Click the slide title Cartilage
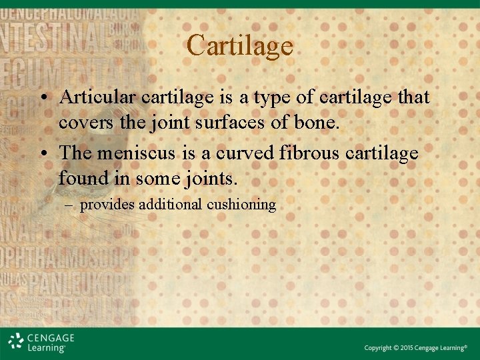click(x=240, y=45)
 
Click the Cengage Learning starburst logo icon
click(x=17, y=341)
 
